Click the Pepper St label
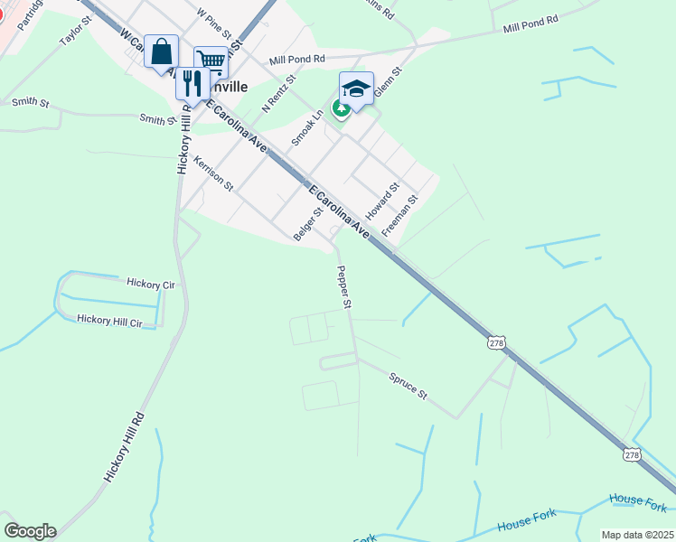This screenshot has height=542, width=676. pos(343,287)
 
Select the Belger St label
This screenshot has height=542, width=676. pos(308,225)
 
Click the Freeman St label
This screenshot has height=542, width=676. pos(400,216)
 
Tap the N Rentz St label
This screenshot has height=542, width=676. pos(279,93)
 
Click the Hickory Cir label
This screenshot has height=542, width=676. pos(150,285)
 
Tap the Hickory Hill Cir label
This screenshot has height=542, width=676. pos(110,321)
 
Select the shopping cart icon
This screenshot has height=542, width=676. pos(211,62)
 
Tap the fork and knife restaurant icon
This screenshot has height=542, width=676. pos(192,84)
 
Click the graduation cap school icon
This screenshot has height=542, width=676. pos(357,89)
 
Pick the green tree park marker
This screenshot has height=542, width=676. pos(341,109)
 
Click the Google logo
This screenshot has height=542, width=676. pos(30,531)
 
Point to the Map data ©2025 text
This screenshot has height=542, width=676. pos(637,535)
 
